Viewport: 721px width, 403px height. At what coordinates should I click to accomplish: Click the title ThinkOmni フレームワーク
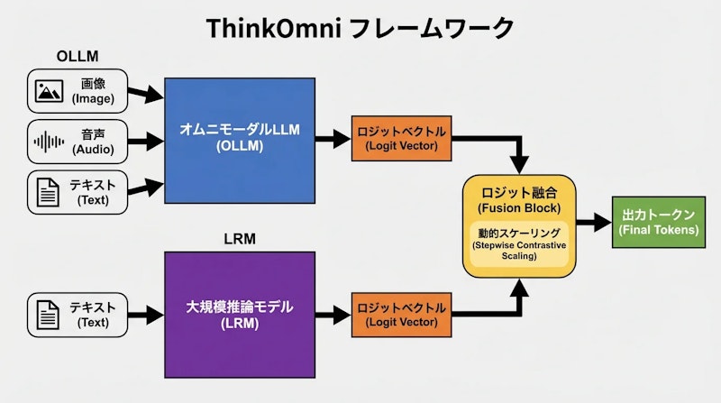(360, 28)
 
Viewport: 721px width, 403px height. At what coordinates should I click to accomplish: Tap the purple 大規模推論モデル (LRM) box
(238, 314)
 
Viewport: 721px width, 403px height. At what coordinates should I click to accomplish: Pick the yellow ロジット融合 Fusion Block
(518, 225)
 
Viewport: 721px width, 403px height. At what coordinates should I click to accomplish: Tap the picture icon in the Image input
(49, 91)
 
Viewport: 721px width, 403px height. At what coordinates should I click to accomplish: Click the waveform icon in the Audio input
(49, 142)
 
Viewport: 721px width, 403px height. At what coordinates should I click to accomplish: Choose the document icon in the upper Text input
(49, 192)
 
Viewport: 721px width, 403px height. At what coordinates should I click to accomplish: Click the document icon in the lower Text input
(49, 314)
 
